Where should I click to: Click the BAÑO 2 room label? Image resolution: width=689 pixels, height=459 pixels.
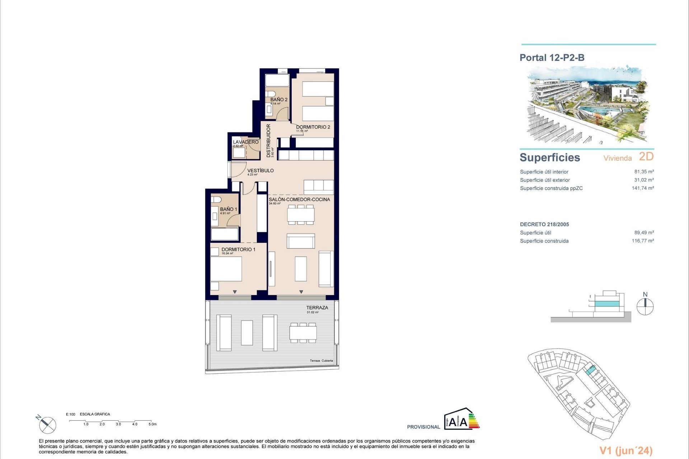[x=279, y=100]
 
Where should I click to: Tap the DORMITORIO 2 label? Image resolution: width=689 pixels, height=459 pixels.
[x=313, y=127]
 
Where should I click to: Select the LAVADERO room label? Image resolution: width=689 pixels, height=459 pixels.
[x=245, y=142]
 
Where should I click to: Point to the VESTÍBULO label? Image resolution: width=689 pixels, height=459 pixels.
[x=261, y=171]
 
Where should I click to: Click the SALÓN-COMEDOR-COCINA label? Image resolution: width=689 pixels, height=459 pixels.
[x=299, y=199]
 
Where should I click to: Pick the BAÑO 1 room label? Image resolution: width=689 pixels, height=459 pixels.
[x=229, y=209]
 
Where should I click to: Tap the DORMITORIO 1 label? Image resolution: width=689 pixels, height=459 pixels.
[x=238, y=250]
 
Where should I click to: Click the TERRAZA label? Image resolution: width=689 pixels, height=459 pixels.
[x=317, y=308]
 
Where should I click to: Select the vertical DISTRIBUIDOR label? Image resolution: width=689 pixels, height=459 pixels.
[x=268, y=141]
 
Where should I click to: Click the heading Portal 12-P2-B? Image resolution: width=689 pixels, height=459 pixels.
[x=552, y=58]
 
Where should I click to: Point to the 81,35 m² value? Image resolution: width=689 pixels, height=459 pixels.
[x=644, y=172]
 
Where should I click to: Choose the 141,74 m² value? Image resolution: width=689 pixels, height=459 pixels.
[x=643, y=188]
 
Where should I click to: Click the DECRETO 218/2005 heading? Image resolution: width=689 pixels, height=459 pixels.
[x=544, y=224]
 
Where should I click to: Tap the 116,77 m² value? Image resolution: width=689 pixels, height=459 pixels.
[x=643, y=241]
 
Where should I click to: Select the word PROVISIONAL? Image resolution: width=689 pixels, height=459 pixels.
[x=423, y=427]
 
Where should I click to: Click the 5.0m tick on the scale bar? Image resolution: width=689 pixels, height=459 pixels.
[x=153, y=424]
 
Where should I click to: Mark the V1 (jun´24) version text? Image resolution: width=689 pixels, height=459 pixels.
[x=626, y=451]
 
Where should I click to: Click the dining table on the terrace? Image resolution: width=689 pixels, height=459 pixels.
[x=303, y=332]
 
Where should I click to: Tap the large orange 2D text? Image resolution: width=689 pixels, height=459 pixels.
[x=646, y=157]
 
